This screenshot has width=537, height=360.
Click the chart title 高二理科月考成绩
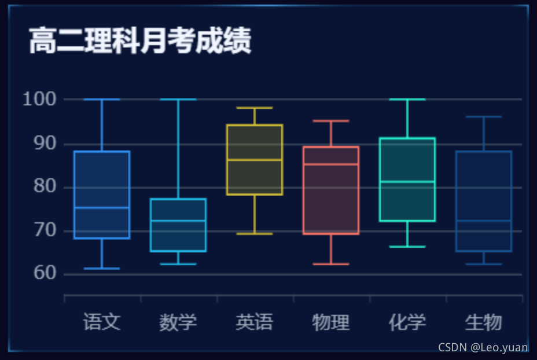[140, 42]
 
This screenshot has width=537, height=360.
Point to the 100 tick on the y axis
[39, 100]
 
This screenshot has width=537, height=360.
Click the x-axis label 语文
[102, 322]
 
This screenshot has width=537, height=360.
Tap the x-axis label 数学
[178, 322]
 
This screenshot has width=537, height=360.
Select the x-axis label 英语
[255, 322]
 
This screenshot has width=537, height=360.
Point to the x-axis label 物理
[331, 322]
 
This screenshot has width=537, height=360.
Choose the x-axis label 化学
[407, 322]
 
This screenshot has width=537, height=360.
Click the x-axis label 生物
[484, 322]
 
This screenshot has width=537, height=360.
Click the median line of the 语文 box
[102, 207]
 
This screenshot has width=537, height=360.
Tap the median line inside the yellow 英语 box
[255, 160]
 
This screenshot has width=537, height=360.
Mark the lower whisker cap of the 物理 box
[331, 264]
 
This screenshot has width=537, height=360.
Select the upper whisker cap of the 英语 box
[255, 108]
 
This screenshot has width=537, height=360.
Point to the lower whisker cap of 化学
[407, 247]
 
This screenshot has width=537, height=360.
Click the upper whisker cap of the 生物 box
[484, 116]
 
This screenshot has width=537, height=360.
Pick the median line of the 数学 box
[178, 221]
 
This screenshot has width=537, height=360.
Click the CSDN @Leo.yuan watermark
[483, 347]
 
